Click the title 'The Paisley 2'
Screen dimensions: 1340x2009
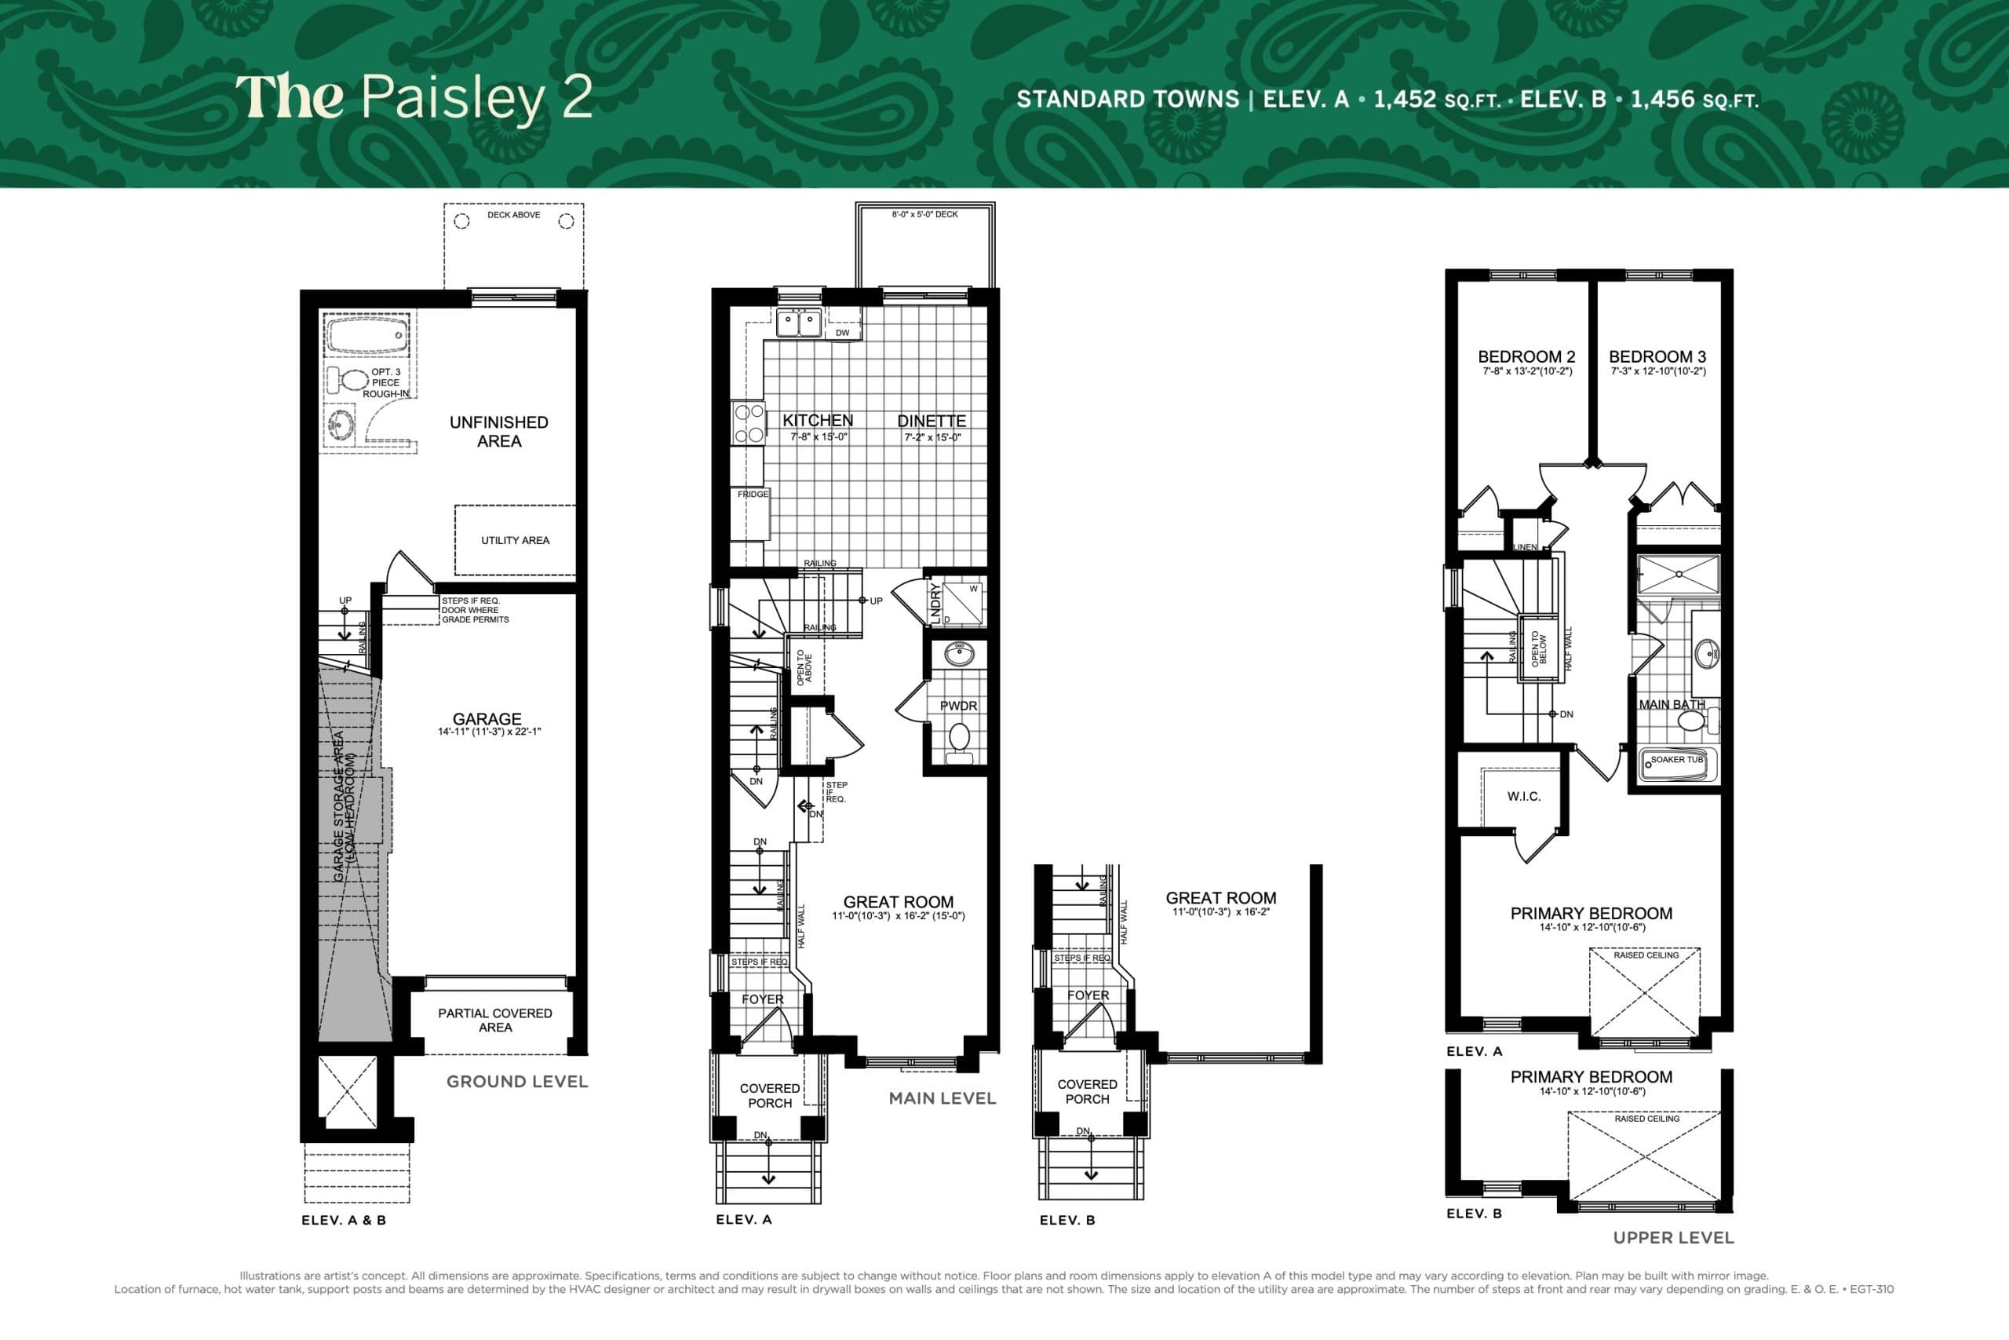pyautogui.click(x=414, y=97)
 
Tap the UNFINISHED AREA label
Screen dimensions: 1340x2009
pyautogui.click(x=499, y=432)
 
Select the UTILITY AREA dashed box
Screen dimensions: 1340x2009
pyautogui.click(x=514, y=540)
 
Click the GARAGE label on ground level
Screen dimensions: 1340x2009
pyautogui.click(x=487, y=720)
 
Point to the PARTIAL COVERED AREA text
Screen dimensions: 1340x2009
pyautogui.click(x=494, y=1020)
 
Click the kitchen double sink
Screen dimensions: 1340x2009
pyautogui.click(x=798, y=324)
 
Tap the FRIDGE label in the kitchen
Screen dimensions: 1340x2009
pyautogui.click(x=753, y=494)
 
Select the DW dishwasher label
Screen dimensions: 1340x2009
pyautogui.click(x=842, y=332)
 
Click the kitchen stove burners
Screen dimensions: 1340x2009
pyautogui.click(x=748, y=423)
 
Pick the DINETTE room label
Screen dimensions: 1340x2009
pyautogui.click(x=931, y=421)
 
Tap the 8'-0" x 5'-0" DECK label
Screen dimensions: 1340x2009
pyautogui.click(x=924, y=214)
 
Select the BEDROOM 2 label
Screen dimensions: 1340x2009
pyautogui.click(x=1526, y=356)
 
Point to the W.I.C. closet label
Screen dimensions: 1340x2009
pyautogui.click(x=1524, y=797)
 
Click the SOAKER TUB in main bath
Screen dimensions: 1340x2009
pyautogui.click(x=1677, y=763)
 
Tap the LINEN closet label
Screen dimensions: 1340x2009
pyautogui.click(x=1525, y=547)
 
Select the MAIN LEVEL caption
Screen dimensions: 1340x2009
pyautogui.click(x=943, y=1098)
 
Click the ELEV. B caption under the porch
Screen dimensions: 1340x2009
pyautogui.click(x=1066, y=1220)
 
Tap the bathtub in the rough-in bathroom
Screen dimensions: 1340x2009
pyautogui.click(x=366, y=335)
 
